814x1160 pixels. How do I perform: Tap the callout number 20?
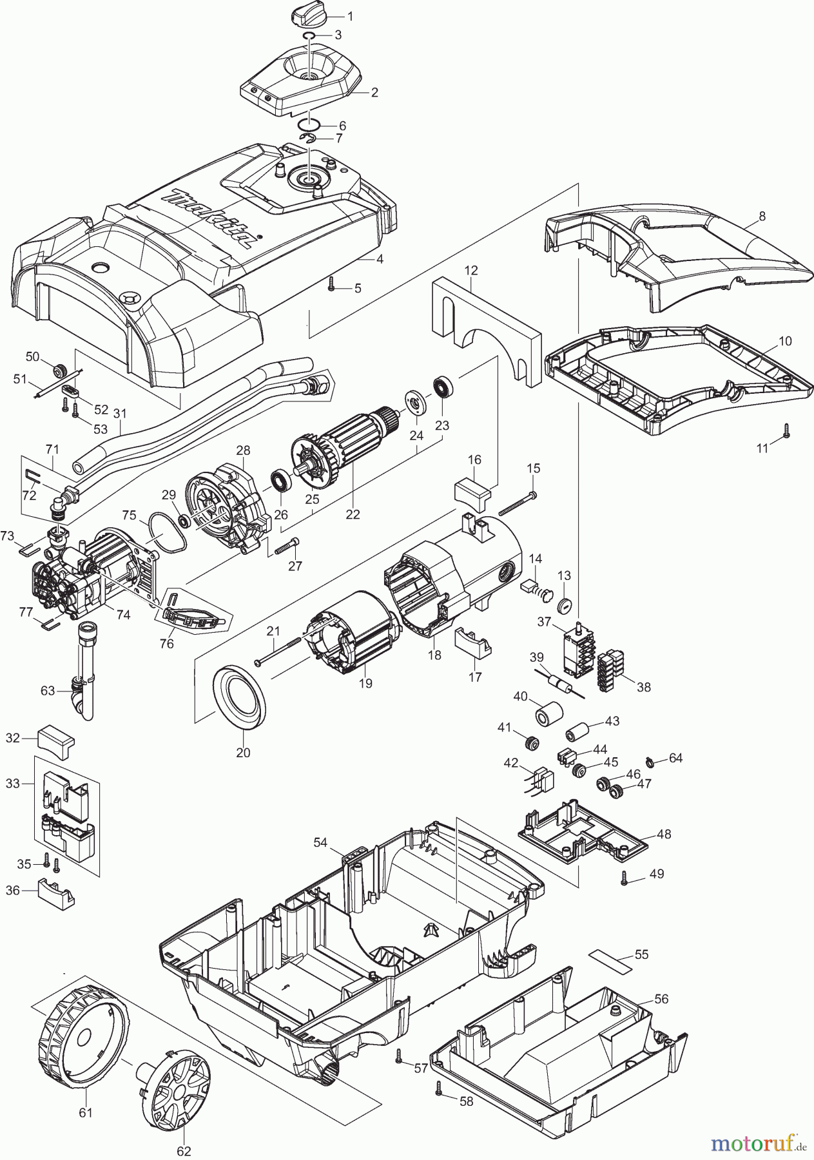coord(243,752)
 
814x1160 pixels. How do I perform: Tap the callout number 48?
coord(664,834)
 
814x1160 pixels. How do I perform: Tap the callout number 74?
coord(123,615)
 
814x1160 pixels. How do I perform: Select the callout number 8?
coord(762,217)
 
